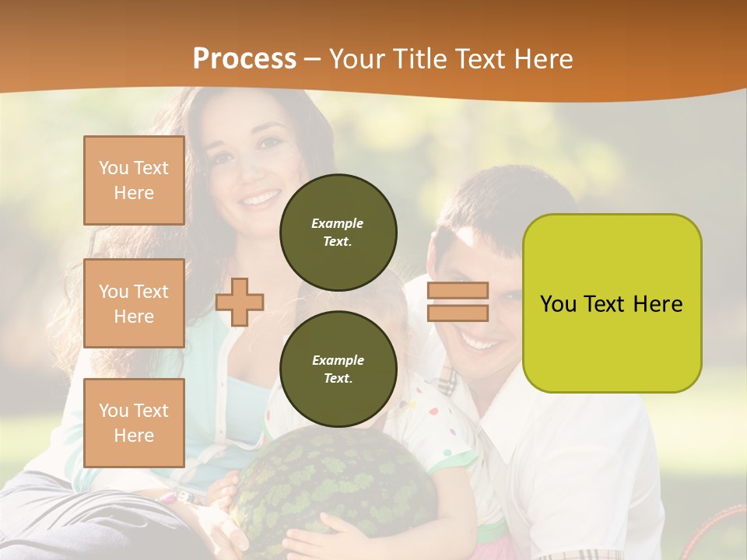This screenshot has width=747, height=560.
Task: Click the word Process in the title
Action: tap(244, 59)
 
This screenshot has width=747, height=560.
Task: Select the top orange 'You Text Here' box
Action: tap(134, 180)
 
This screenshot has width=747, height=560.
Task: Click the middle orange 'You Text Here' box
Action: tap(134, 303)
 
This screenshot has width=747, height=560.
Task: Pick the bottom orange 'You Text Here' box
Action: tap(134, 423)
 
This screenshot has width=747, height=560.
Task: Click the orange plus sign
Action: tap(240, 303)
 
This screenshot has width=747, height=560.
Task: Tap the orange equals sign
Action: tap(458, 302)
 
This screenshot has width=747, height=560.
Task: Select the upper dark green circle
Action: tap(338, 232)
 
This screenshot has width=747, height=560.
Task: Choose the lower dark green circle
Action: tap(338, 369)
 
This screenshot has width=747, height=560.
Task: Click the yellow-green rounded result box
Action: tap(612, 303)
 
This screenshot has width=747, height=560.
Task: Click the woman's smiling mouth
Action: tap(261, 198)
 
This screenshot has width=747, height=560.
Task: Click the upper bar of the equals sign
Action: tap(458, 291)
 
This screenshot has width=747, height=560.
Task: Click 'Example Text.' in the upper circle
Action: tap(338, 232)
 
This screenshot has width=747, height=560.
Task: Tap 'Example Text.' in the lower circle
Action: tap(338, 369)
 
